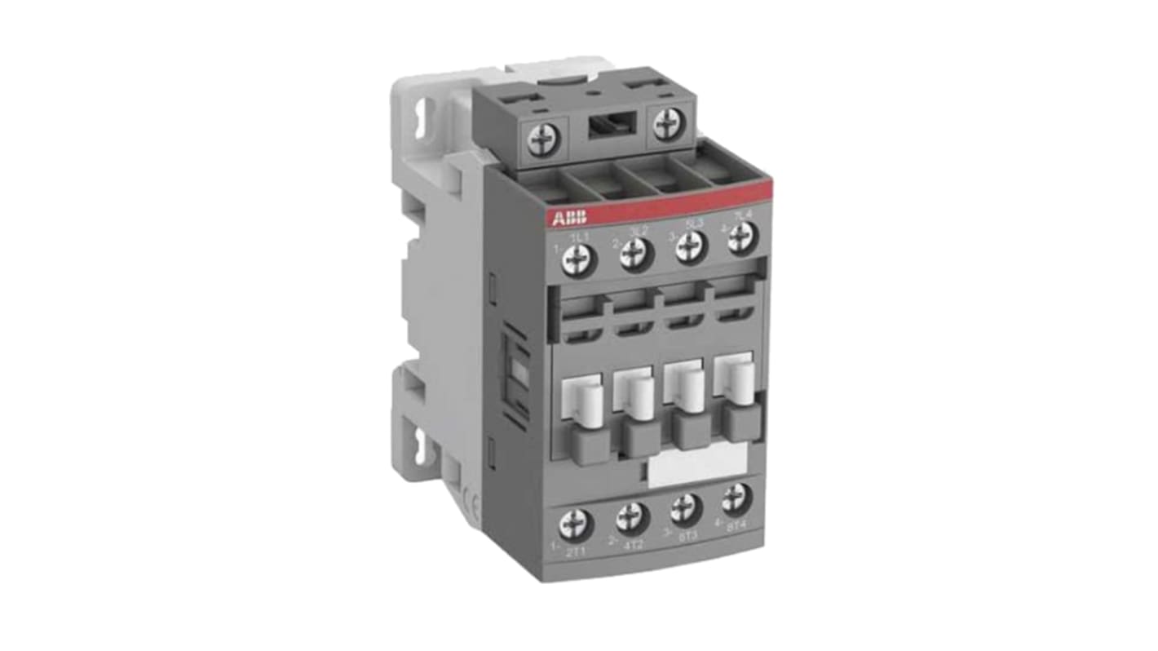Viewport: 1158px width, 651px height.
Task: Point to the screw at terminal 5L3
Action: coord(690,246)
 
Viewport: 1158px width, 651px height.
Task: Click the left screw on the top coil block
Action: coord(542,140)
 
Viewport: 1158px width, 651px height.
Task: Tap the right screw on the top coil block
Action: coord(669,123)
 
